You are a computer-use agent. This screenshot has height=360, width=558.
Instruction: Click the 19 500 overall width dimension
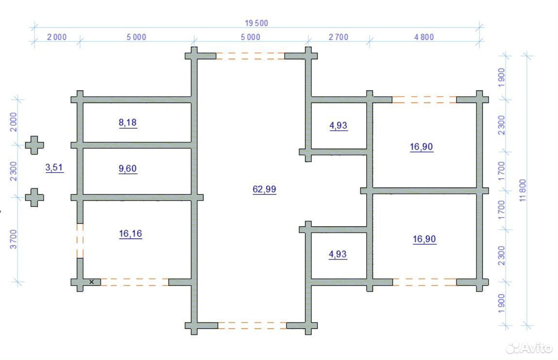pyautogui.click(x=256, y=23)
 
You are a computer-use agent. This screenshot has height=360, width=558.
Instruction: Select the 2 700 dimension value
pyautogui.click(x=338, y=37)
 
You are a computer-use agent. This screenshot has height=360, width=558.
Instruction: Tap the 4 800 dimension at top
pyautogui.click(x=424, y=37)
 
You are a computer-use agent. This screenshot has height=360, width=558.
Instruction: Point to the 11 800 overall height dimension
pyautogui.click(x=523, y=190)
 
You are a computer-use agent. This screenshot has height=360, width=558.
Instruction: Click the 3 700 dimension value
pyautogui.click(x=13, y=240)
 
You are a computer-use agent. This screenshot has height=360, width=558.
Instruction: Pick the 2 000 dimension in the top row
pyautogui.click(x=57, y=37)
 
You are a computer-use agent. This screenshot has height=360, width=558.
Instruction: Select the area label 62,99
pyautogui.click(x=264, y=189)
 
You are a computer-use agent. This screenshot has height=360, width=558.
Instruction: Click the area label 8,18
pyautogui.click(x=128, y=122)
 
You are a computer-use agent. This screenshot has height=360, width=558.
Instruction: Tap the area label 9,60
pyautogui.click(x=128, y=169)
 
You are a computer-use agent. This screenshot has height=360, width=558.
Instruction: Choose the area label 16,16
pyautogui.click(x=131, y=234)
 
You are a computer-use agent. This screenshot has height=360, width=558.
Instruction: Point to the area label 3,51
pyautogui.click(x=54, y=167)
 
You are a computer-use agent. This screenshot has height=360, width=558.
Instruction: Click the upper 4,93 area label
pyautogui.click(x=338, y=125)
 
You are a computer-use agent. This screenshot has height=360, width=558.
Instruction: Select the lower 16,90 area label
pyautogui.click(x=424, y=239)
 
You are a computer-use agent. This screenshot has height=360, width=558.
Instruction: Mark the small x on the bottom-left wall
pyautogui.click(x=91, y=282)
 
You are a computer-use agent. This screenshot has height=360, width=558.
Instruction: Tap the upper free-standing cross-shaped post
pyautogui.click(x=34, y=145)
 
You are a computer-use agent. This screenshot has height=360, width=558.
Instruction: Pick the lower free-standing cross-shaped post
pyautogui.click(x=34, y=197)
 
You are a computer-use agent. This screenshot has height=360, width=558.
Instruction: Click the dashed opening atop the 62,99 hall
pyautogui.click(x=250, y=56)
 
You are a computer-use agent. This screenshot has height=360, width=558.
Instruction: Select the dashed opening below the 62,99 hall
pyautogui.click(x=253, y=326)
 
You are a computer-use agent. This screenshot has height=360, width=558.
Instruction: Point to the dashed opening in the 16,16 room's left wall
pyautogui.click(x=80, y=240)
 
